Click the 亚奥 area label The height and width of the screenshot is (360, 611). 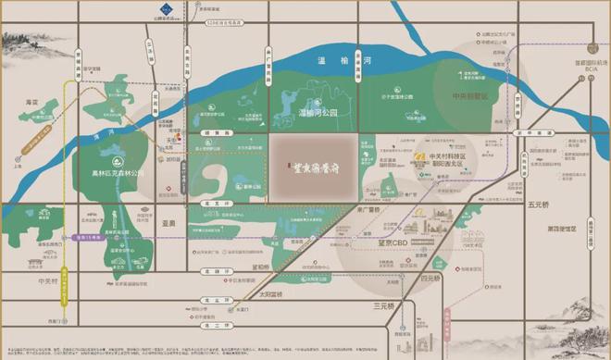[x=167, y=223]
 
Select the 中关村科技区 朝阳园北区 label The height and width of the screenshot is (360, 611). [x=443, y=161]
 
